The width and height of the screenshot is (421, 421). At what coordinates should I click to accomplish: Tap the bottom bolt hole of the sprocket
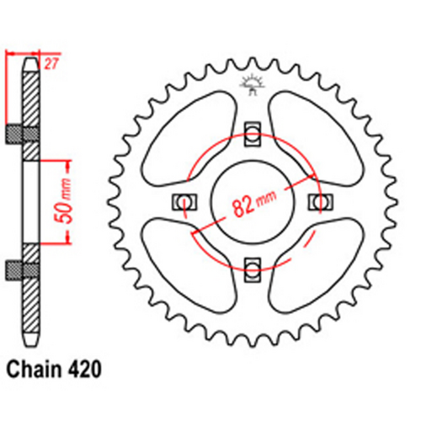point(253,269)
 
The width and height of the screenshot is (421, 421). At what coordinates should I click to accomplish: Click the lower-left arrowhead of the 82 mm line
point(193,229)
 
